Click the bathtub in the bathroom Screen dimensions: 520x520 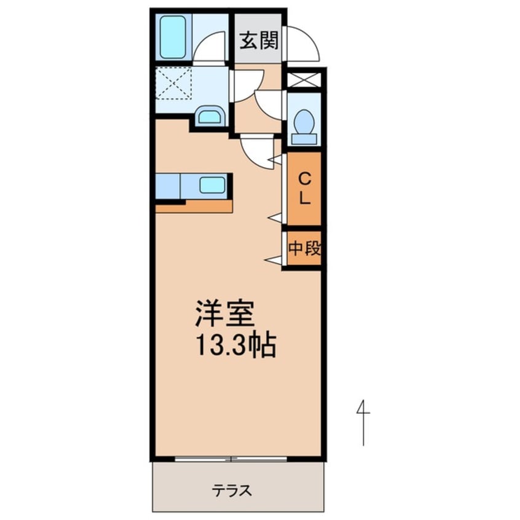(x=173, y=36)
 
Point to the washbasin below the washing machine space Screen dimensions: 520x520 (x=210, y=116)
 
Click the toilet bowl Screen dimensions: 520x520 (x=304, y=123)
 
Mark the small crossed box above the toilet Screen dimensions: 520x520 (x=304, y=79)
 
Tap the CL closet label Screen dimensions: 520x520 (x=304, y=189)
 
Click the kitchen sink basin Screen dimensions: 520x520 (x=213, y=184)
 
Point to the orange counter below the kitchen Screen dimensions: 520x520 (x=194, y=207)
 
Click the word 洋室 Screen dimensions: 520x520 (x=224, y=315)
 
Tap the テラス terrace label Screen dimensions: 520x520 (x=232, y=490)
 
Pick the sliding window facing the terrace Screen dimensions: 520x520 (x=232, y=459)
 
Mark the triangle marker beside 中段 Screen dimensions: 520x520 (x=274, y=260)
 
